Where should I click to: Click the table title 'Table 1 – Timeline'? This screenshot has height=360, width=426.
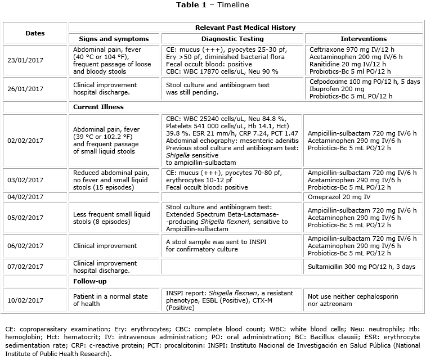coord(213,5)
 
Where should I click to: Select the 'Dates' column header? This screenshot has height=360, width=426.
coord(35,33)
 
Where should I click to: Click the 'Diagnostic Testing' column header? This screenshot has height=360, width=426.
coord(232,39)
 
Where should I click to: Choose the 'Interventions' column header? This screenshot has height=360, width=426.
coord(364,39)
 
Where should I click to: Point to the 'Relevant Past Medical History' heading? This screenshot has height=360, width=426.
coord(245,28)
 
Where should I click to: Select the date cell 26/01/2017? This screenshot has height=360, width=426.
coord(25,89)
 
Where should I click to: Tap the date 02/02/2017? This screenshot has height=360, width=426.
coord(25,140)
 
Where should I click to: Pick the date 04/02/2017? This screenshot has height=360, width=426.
coord(25,196)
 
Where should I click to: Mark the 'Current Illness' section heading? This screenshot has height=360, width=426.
coord(98,106)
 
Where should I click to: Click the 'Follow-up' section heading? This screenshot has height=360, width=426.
coord(90,281)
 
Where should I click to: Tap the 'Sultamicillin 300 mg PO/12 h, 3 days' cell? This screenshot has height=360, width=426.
coord(363,264)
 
